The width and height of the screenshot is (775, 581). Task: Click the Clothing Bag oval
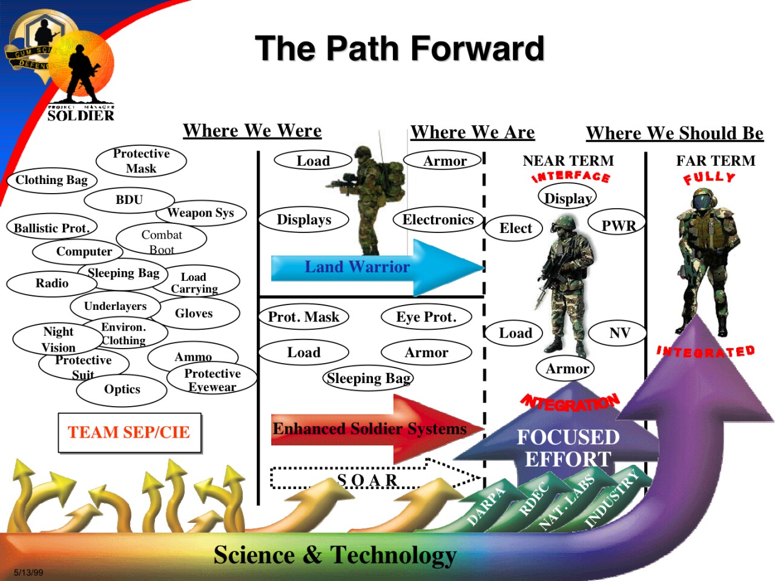click(51, 180)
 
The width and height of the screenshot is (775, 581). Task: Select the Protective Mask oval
click(141, 161)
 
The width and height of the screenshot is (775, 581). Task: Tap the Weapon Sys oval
click(200, 212)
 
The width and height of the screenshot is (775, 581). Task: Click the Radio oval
click(52, 283)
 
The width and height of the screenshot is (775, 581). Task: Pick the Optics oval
click(122, 389)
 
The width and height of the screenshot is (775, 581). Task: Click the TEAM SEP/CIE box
click(129, 432)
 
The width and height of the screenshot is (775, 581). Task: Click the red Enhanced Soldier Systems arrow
click(369, 428)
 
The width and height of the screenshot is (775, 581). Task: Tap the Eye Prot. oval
click(426, 317)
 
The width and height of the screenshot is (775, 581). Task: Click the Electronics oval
click(438, 220)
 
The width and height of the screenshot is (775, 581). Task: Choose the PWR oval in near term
click(618, 225)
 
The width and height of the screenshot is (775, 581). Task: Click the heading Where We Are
click(472, 132)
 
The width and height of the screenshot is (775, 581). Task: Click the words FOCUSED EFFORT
click(567, 448)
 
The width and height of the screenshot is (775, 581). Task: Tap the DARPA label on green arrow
click(486, 506)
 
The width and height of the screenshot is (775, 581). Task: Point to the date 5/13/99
click(28, 572)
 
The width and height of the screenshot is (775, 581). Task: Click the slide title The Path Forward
click(400, 48)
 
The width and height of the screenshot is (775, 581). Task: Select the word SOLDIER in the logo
click(81, 116)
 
